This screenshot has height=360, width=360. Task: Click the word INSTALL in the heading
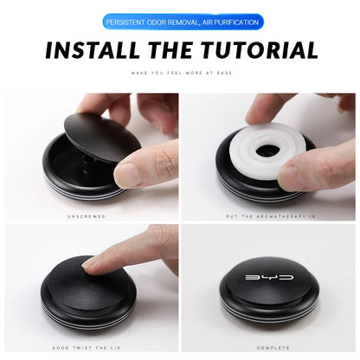point(93,50)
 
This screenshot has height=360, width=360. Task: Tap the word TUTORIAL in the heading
point(260,50)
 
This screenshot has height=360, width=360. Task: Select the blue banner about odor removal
point(183,22)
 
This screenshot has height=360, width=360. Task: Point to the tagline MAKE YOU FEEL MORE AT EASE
point(182,73)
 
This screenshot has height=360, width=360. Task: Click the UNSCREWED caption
point(87,216)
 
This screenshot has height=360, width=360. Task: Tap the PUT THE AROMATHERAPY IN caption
point(271,216)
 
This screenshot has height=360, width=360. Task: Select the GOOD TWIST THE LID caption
point(87,348)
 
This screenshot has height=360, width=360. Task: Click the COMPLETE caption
point(273,348)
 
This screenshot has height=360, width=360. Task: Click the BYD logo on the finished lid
point(269,278)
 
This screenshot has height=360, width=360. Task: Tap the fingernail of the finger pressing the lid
point(89,263)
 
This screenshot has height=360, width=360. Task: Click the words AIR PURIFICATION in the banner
point(230,22)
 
